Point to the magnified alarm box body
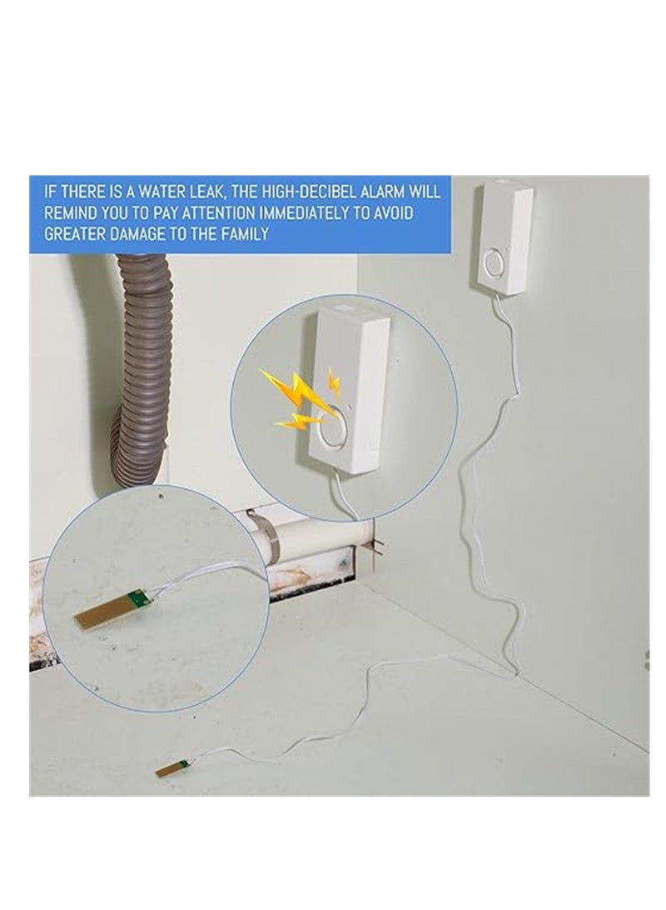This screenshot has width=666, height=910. [x=350, y=392]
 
